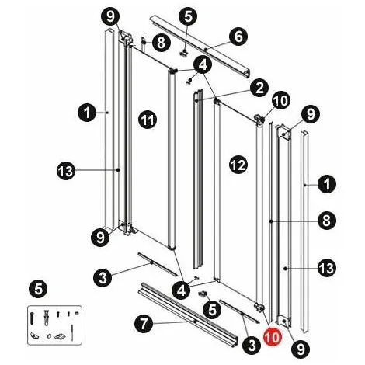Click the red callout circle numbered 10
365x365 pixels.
coord(273,337)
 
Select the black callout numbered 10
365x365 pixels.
coord(281,100)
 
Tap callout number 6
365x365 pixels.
coord(238,36)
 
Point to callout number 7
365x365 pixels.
coord(144,324)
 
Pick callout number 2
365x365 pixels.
coord(259,88)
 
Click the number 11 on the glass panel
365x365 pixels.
coord(148,120)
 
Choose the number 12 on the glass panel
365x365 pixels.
coord(238,165)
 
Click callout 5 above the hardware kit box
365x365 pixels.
coord(38,289)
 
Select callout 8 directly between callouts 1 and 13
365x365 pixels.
coord(327,221)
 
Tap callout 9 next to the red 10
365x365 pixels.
coord(301,349)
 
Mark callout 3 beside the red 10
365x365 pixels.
coord(252,345)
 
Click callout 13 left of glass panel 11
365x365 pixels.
coord(66,171)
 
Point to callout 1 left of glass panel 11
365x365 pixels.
coord(87,112)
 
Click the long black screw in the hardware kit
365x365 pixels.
coord(32,318)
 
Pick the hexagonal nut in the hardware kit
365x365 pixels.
coord(49,336)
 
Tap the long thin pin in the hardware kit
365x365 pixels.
coord(71,332)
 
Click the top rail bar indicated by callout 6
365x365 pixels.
coord(200,47)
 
